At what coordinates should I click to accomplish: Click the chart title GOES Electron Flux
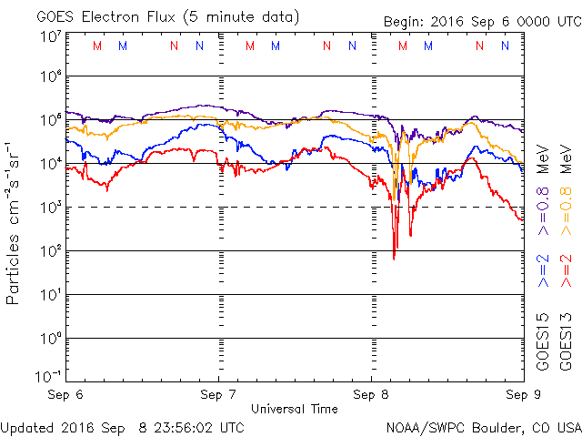105,17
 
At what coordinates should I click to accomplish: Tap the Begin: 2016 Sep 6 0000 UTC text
483,22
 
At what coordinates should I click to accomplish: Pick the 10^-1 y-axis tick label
48,376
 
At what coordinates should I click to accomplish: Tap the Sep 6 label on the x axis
65,394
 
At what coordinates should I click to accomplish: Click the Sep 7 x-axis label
218,394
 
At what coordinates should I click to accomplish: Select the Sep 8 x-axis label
371,394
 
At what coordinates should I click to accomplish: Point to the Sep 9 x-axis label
524,394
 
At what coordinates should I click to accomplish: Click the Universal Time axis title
295,409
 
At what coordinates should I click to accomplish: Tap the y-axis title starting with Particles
12,223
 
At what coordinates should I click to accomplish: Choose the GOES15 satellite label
543,342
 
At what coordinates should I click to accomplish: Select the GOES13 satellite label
566,342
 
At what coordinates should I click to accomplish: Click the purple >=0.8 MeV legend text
543,190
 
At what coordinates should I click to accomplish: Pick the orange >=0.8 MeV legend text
566,190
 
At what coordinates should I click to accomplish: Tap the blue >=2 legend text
543,271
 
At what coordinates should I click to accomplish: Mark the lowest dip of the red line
394,259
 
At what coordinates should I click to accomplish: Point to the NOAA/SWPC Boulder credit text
484,428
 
